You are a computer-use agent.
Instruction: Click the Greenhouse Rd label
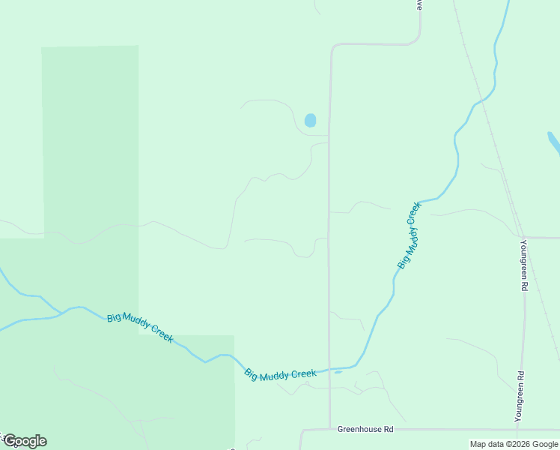(x=365, y=430)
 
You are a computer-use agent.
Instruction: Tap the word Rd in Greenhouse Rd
(x=387, y=430)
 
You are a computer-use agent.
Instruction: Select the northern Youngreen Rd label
(x=524, y=265)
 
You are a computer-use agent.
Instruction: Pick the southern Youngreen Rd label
(x=519, y=396)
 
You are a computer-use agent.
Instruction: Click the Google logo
(x=24, y=441)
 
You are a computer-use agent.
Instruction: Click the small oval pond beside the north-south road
(x=310, y=120)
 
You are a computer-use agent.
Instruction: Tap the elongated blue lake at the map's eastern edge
(x=554, y=142)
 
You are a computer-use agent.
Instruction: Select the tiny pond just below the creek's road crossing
(x=338, y=371)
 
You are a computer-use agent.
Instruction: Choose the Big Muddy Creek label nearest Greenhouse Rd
(x=280, y=373)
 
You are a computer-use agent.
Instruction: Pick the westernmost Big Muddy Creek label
(x=140, y=328)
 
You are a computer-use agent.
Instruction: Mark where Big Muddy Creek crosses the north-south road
(x=329, y=369)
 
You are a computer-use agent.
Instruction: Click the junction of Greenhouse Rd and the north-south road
(x=329, y=430)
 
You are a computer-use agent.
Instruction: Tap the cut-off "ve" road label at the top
(x=419, y=4)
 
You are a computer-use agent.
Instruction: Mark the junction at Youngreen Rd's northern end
(x=522, y=238)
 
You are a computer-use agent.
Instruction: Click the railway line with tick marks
(x=494, y=142)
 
